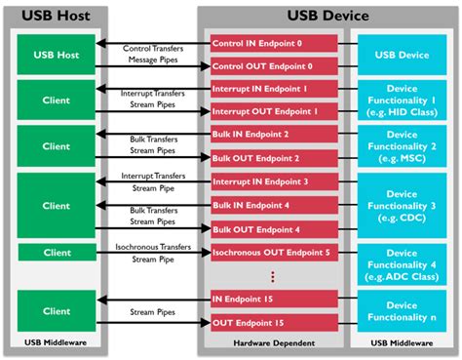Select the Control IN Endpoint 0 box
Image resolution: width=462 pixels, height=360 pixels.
pyautogui.click(x=274, y=44)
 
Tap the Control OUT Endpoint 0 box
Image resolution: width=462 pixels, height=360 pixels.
pyautogui.click(x=274, y=66)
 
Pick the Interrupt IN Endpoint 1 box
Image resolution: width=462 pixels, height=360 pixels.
pyautogui.click(x=274, y=89)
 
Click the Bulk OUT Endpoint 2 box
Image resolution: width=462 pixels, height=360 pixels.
pyautogui.click(x=274, y=157)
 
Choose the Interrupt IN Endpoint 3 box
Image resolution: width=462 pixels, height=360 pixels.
pyautogui.click(x=274, y=181)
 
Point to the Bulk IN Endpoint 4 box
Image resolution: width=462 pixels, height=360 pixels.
pyautogui.click(x=274, y=205)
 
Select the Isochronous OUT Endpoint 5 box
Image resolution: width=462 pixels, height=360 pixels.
pyautogui.click(x=274, y=252)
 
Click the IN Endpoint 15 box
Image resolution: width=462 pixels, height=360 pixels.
pyautogui.click(x=274, y=299)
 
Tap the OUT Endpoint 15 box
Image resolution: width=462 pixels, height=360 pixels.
pyautogui.click(x=274, y=321)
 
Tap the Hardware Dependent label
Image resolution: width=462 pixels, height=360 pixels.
pyautogui.click(x=274, y=343)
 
